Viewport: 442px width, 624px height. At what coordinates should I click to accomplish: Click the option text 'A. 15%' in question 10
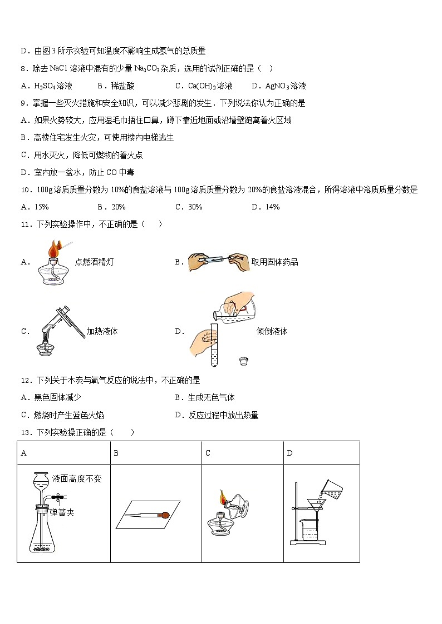[35, 207]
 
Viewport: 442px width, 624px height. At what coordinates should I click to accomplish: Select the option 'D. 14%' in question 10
[265, 207]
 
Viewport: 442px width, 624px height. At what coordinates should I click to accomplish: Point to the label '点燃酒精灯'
[94, 262]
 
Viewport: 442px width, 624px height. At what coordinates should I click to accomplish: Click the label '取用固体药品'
[274, 262]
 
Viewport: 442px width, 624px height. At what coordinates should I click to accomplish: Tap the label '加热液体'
[102, 331]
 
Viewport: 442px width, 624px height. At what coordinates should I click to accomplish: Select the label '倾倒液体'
[272, 331]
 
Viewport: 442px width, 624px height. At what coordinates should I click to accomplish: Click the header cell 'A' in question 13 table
[24, 453]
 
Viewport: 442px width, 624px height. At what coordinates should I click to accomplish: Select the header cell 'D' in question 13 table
[289, 453]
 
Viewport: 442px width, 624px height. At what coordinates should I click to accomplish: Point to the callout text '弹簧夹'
[62, 512]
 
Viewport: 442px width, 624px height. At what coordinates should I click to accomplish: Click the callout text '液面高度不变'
[77, 478]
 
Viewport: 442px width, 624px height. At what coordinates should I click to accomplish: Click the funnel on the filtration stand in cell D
[317, 507]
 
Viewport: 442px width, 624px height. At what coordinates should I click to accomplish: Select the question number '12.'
[24, 381]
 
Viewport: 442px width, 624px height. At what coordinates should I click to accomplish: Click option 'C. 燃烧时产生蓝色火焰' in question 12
[62, 415]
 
